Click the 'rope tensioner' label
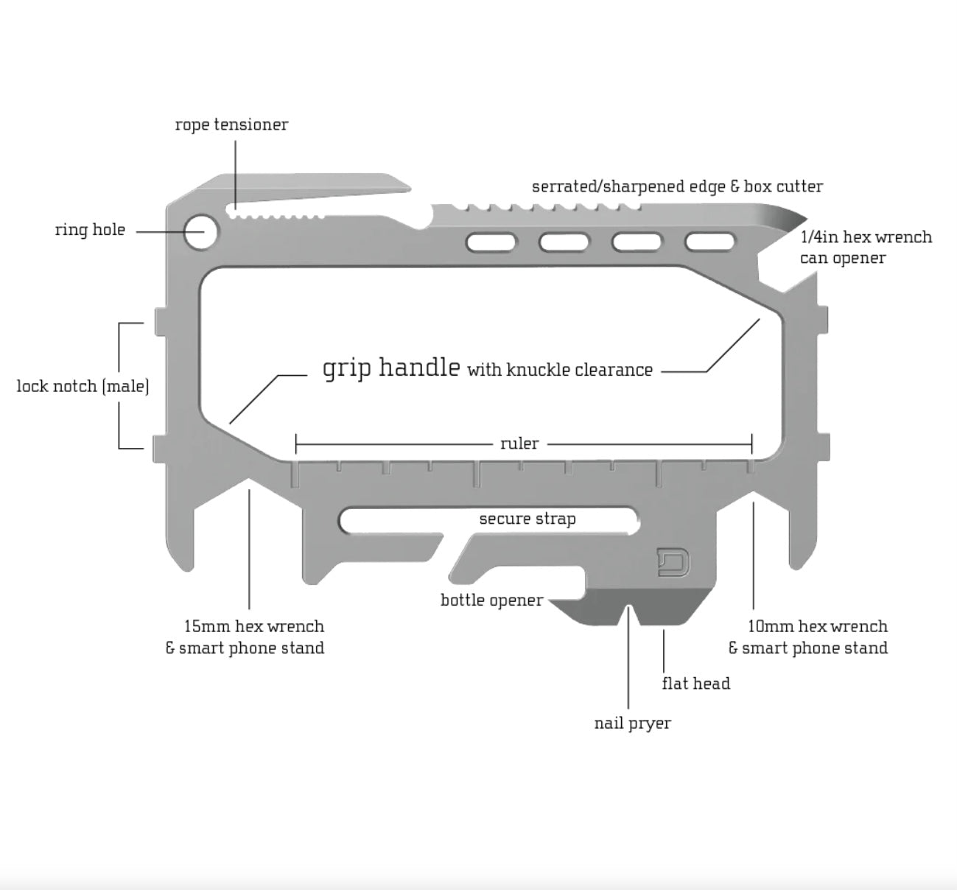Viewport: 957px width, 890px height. [231, 125]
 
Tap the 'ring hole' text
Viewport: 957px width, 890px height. [90, 230]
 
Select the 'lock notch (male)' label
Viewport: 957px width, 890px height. [83, 386]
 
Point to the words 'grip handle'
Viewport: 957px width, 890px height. [391, 367]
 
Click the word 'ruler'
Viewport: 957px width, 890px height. [519, 444]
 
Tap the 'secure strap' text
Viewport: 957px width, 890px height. [527, 519]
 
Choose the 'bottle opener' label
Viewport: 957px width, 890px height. [491, 600]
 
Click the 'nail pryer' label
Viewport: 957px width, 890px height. [632, 723]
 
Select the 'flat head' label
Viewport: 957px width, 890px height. [695, 684]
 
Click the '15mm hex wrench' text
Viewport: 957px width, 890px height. [253, 626]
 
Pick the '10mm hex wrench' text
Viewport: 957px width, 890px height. [817, 626]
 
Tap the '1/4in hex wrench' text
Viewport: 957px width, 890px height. [866, 237]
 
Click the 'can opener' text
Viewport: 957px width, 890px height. [842, 258]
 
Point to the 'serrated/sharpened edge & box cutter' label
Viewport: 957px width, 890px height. [677, 186]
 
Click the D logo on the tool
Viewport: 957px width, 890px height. [673, 561]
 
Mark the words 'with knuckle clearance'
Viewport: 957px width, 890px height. [560, 370]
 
